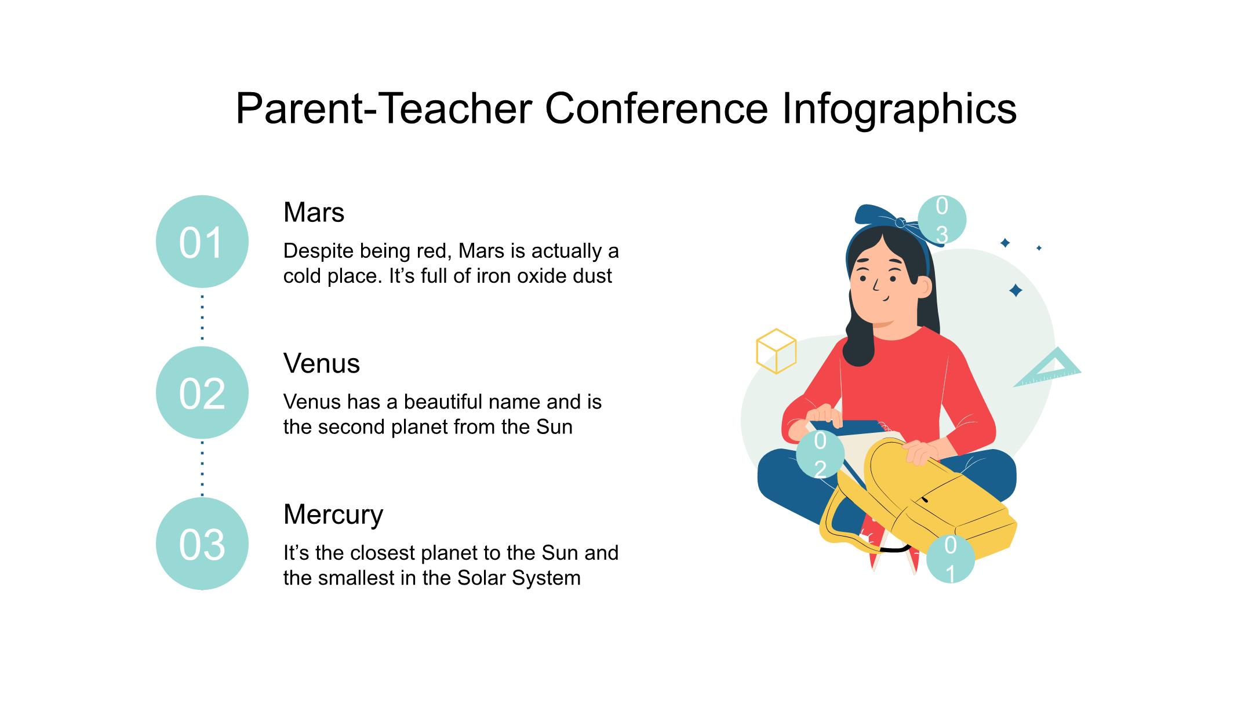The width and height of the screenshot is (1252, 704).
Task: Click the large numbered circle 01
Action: click(x=202, y=242)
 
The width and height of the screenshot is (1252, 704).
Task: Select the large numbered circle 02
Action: click(x=202, y=393)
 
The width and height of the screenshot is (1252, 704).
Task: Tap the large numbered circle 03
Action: click(x=202, y=544)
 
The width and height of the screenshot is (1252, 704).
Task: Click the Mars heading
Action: click(x=314, y=213)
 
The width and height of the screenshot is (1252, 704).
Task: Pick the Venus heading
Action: click(x=322, y=364)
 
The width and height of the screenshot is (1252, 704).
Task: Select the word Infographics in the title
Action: click(x=899, y=110)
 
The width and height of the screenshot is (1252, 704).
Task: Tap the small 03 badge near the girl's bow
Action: click(x=942, y=221)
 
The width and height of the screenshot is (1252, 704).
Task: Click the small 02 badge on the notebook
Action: click(x=820, y=455)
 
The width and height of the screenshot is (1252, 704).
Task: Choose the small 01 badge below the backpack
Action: click(x=950, y=559)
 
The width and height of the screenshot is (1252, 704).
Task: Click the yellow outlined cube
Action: click(x=776, y=351)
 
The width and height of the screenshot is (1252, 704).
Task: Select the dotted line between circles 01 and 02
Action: click(x=202, y=317)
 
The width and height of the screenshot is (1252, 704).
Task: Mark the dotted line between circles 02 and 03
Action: click(x=202, y=468)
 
